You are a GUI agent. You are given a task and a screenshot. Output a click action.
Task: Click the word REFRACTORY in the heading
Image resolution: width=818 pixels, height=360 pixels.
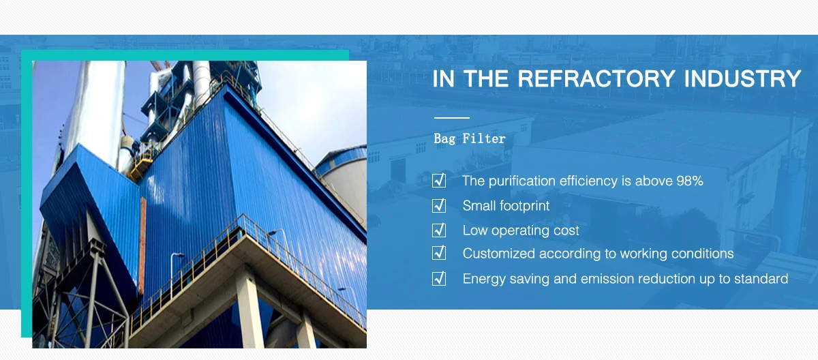click(596, 78)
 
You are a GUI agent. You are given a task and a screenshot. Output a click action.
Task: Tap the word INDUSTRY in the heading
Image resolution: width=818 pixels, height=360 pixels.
click(743, 78)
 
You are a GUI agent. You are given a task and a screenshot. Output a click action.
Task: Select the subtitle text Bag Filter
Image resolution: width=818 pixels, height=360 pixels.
click(470, 138)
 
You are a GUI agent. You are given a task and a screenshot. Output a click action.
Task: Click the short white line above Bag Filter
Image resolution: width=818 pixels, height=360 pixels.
click(452, 117)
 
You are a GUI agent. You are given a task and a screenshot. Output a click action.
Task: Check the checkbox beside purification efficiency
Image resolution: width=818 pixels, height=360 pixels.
click(439, 181)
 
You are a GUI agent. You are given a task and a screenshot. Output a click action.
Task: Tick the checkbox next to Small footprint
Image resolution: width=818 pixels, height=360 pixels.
click(439, 205)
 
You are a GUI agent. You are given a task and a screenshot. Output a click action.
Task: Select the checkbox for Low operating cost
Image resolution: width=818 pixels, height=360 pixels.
click(439, 230)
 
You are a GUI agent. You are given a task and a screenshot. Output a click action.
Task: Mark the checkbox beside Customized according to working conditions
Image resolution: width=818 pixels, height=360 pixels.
click(439, 253)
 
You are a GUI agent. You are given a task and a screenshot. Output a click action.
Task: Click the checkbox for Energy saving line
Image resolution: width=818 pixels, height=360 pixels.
click(439, 278)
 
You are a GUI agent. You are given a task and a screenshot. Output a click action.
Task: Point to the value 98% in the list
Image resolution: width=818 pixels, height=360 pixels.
click(690, 181)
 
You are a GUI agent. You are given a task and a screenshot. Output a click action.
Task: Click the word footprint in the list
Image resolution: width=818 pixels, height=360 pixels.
click(524, 206)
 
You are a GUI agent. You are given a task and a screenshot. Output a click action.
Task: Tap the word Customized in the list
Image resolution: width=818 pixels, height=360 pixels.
click(499, 254)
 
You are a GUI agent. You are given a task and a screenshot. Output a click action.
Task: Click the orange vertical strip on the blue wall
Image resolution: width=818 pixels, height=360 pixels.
click(142, 245)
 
